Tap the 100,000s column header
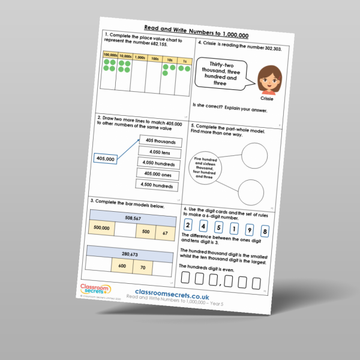pyautogui.click(x=109, y=55)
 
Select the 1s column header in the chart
pyautogui.click(x=185, y=61)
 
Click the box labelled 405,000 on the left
pyautogui.click(x=106, y=159)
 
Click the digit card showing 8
pyautogui.click(x=265, y=230)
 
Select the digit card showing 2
pyautogui.click(x=188, y=226)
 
